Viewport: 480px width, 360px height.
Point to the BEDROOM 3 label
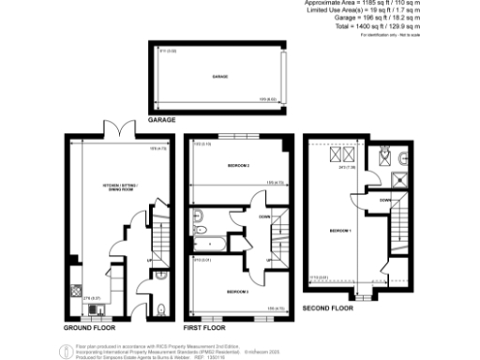238,292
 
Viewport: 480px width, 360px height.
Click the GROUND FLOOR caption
91,329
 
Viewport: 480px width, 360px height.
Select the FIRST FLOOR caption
205,329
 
